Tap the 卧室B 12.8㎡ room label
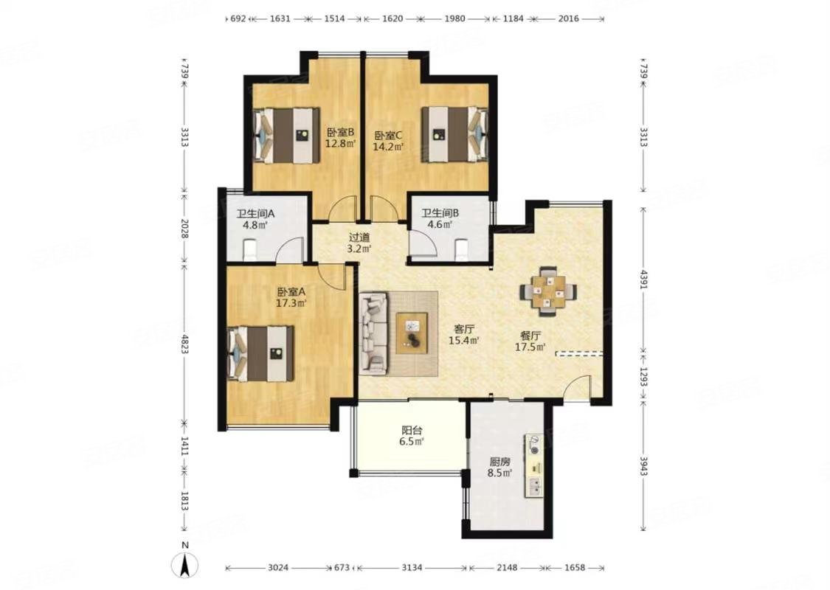340,138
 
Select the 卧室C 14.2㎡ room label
388,140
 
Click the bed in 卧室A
260,353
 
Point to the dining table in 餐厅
548,291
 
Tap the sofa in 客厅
374,333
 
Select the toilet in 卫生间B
462,249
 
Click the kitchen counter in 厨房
534,465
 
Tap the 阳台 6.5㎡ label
412,435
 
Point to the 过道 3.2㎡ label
359,243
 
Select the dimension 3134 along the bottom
412,568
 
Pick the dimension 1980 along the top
454,18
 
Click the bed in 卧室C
454,134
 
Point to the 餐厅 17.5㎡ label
530,341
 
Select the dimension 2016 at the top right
569,18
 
